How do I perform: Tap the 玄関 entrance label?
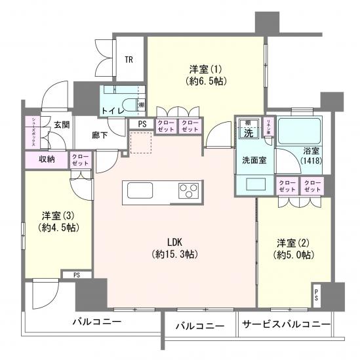pyautogui.click(x=62, y=125)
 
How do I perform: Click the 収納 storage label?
pyautogui.click(x=46, y=159)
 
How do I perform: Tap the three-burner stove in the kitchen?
pyautogui.click(x=188, y=191)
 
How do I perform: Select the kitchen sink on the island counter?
pyautogui.click(x=140, y=191)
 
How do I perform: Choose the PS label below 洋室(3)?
pyautogui.click(x=77, y=275)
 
